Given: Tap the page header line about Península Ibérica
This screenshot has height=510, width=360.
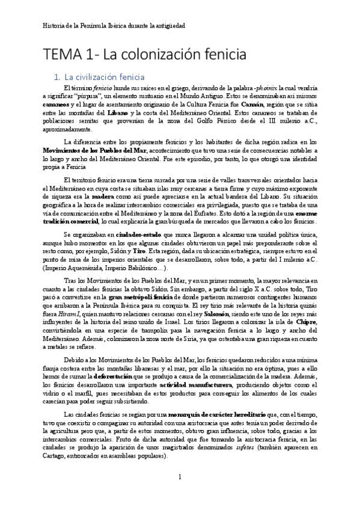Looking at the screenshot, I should [x=115, y=26].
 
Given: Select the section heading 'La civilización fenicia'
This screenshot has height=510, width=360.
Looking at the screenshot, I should [x=104, y=77].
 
